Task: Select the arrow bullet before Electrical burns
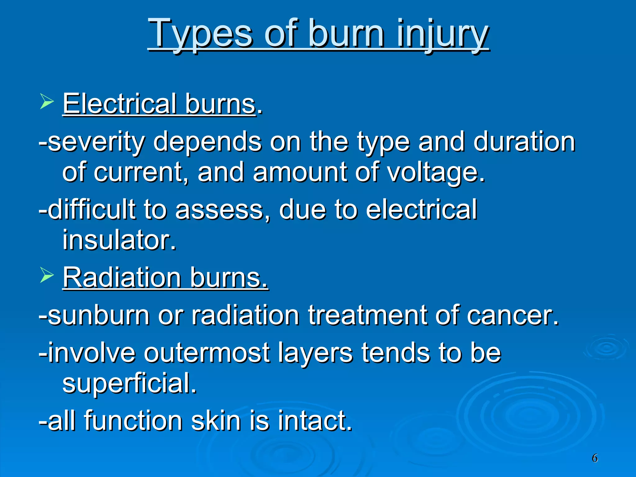click(x=47, y=102)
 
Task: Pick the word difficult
click(x=92, y=210)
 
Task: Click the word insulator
click(x=119, y=240)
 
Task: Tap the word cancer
click(x=512, y=316)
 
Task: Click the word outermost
click(x=207, y=353)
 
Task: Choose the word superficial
click(x=129, y=383)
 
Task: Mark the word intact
click(x=315, y=421)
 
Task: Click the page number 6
click(x=594, y=458)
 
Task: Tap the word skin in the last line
click(x=216, y=421)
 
